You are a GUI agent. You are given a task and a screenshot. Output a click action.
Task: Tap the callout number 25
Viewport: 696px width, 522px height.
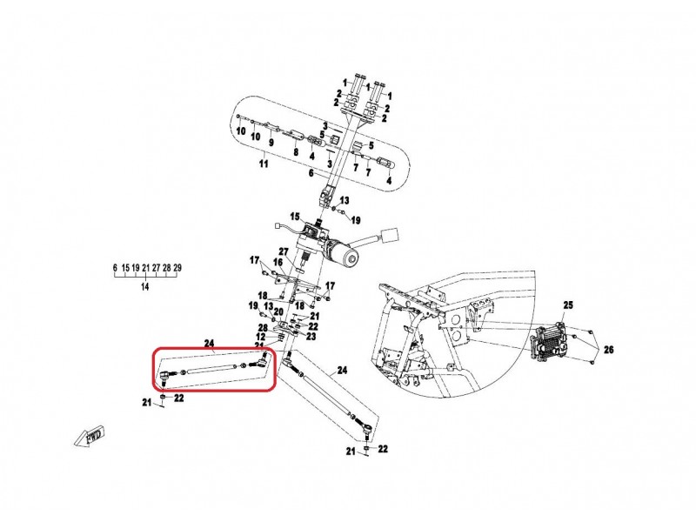pyautogui.click(x=569, y=305)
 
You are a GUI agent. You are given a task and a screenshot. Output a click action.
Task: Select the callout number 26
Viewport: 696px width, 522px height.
pyautogui.click(x=608, y=350)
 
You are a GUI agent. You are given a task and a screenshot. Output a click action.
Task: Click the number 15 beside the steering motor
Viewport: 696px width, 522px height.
pyautogui.click(x=295, y=217)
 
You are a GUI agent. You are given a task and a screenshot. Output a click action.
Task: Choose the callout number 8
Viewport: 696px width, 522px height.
pyautogui.click(x=295, y=153)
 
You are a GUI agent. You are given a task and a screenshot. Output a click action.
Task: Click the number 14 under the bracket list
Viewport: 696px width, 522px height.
pyautogui.click(x=145, y=286)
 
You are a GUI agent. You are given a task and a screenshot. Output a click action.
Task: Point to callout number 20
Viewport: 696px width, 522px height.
pyautogui.click(x=278, y=311)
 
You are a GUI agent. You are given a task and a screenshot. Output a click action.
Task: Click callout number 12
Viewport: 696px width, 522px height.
pyautogui.click(x=261, y=337)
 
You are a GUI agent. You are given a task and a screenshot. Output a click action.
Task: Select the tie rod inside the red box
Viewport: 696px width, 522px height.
pyautogui.click(x=214, y=369)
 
